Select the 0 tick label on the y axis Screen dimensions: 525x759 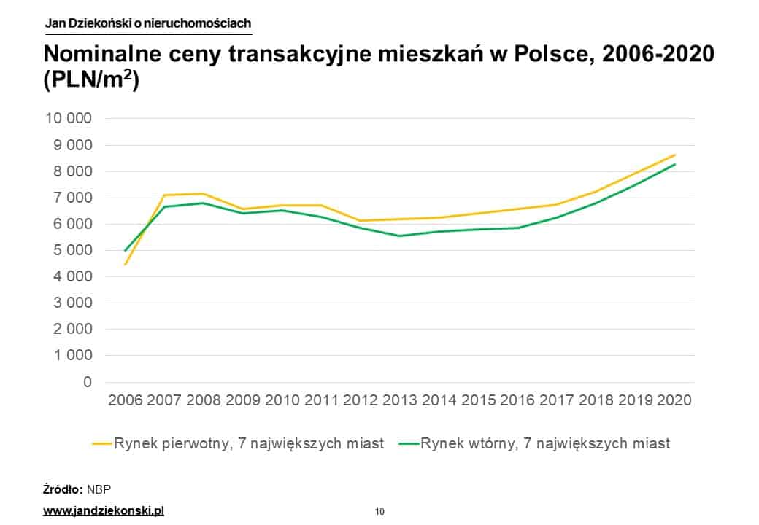click(88, 382)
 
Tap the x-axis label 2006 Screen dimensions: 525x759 click(126, 400)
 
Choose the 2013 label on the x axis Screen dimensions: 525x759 click(399, 400)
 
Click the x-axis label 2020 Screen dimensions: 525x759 click(674, 400)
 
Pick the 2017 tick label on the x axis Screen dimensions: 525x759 click(556, 400)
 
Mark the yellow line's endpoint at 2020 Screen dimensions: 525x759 click(675, 155)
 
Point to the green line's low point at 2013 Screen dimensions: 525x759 click(400, 236)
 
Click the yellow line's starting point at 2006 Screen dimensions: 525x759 click(126, 264)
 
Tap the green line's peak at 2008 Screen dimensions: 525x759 click(204, 203)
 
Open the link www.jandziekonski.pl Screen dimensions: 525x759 click(104, 510)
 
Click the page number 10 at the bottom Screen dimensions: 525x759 click(379, 511)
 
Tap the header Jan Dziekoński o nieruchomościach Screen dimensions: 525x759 click(147, 23)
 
